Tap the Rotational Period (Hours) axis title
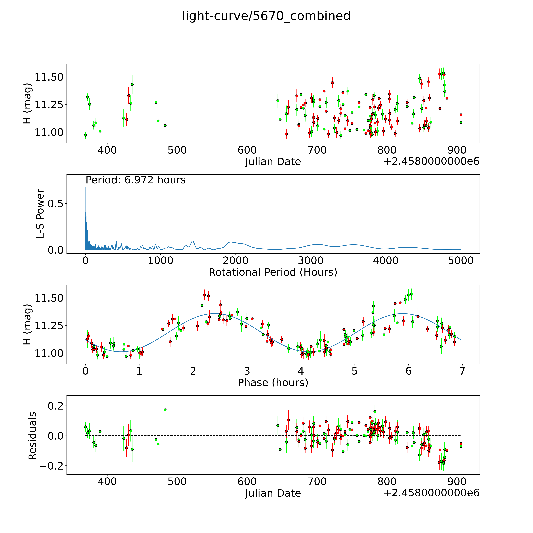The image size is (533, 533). (x=273, y=272)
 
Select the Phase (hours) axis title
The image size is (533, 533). (x=273, y=383)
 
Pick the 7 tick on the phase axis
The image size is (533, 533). (x=462, y=371)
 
